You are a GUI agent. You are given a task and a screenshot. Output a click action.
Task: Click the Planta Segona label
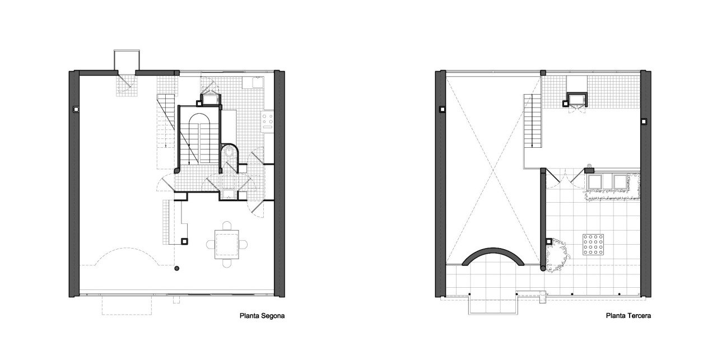point(262,316)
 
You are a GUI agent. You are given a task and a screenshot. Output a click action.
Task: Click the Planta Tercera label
point(628,316)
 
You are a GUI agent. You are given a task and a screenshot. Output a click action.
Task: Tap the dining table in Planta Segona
point(227,244)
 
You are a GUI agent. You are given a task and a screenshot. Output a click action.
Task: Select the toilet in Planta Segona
point(228,153)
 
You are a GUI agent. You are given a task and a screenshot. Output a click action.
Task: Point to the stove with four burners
point(268,119)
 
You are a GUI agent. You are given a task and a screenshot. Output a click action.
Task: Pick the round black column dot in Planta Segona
point(176,269)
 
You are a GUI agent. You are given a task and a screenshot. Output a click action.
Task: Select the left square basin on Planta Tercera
point(594,182)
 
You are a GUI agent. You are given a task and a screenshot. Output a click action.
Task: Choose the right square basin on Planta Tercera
point(620,182)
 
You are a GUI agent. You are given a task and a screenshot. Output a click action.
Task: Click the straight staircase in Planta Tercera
point(532,121)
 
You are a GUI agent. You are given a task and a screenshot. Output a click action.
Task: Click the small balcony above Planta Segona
point(126,60)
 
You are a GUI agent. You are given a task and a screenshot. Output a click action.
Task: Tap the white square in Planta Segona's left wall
point(75,109)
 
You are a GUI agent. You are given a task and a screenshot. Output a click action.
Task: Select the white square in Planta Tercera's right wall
point(644,121)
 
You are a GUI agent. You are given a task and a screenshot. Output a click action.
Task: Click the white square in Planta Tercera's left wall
point(441,109)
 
